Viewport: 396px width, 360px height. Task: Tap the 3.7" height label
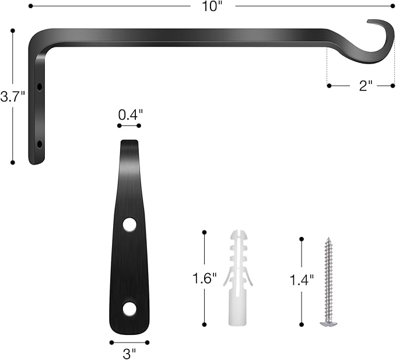click(12, 97)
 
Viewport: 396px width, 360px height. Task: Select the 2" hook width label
click(365, 86)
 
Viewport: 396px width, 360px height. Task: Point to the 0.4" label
click(129, 115)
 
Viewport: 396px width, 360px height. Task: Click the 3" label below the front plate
click(129, 352)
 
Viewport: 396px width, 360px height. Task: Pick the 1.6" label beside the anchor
click(205, 278)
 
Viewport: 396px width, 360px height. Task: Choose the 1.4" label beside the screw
click(302, 279)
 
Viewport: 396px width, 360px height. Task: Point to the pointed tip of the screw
click(328, 239)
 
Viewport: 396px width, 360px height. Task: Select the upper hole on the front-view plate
click(129, 224)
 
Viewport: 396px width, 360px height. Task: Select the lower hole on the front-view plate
click(129, 309)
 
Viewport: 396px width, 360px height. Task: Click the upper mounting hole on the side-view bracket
click(40, 86)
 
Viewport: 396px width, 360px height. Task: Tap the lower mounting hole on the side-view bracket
click(40, 144)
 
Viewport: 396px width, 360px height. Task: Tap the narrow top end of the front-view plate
click(129, 144)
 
